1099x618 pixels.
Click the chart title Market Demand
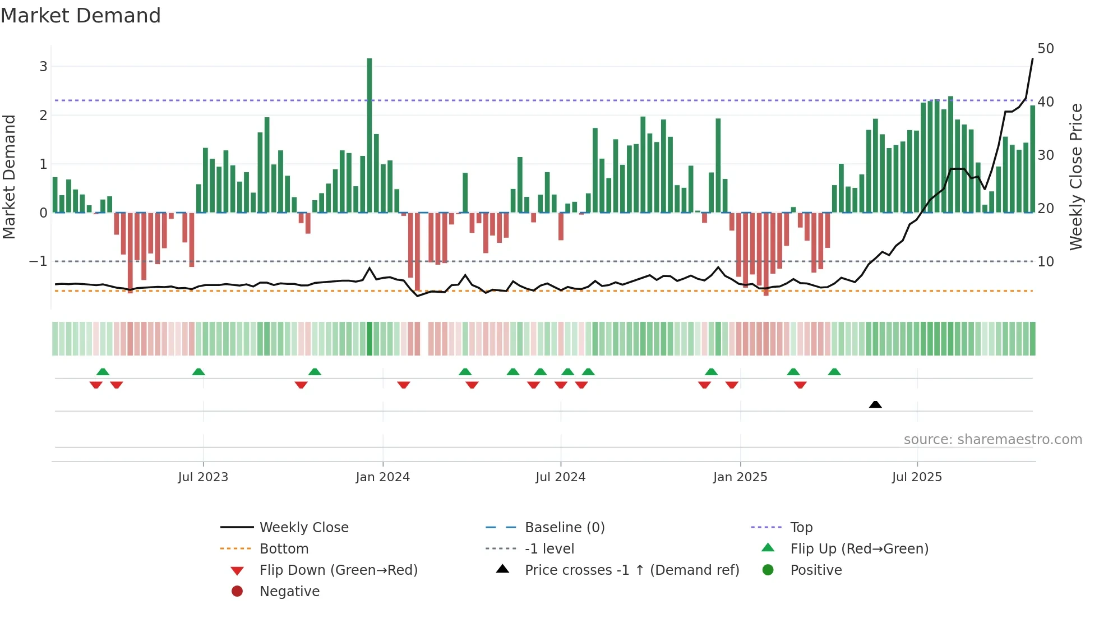coord(81,16)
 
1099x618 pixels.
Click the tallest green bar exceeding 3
coord(370,135)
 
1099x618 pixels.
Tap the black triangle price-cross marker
coord(875,404)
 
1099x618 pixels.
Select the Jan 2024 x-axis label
coord(383,477)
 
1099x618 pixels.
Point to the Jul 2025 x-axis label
coord(917,477)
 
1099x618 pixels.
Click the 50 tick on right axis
coord(1045,49)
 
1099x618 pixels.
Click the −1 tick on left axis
coord(38,261)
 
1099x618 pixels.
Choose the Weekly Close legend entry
coord(303,527)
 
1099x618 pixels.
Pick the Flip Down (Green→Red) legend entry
coord(338,570)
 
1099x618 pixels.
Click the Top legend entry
coord(801,527)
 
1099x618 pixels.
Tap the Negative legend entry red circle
coord(237,592)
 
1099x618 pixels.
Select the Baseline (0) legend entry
coord(564,527)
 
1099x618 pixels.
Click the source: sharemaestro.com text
coord(992,440)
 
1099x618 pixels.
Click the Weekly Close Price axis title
coord(1075,177)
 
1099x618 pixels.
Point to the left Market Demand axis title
coord(10,177)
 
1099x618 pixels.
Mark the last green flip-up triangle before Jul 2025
coord(834,372)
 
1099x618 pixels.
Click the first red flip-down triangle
coord(96,385)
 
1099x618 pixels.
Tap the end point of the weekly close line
coord(1032,59)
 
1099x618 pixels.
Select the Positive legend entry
coord(815,570)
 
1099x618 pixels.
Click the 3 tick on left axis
coord(43,67)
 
